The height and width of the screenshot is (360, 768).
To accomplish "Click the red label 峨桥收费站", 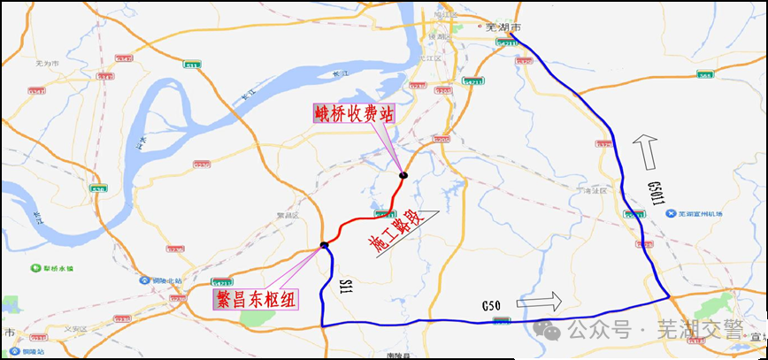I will (352, 114).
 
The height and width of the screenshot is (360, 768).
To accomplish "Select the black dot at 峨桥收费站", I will (403, 174).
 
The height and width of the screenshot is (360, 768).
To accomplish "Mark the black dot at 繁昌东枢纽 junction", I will (325, 245).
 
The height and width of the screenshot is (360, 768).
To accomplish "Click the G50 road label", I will (492, 306).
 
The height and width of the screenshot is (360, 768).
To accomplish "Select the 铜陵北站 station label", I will (158, 281).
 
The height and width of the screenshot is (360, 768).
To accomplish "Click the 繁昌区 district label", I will (288, 215).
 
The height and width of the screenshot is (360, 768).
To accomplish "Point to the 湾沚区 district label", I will (588, 190).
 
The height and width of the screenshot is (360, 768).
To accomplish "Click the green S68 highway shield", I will (704, 76).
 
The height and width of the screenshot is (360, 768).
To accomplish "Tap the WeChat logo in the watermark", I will (552, 331).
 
